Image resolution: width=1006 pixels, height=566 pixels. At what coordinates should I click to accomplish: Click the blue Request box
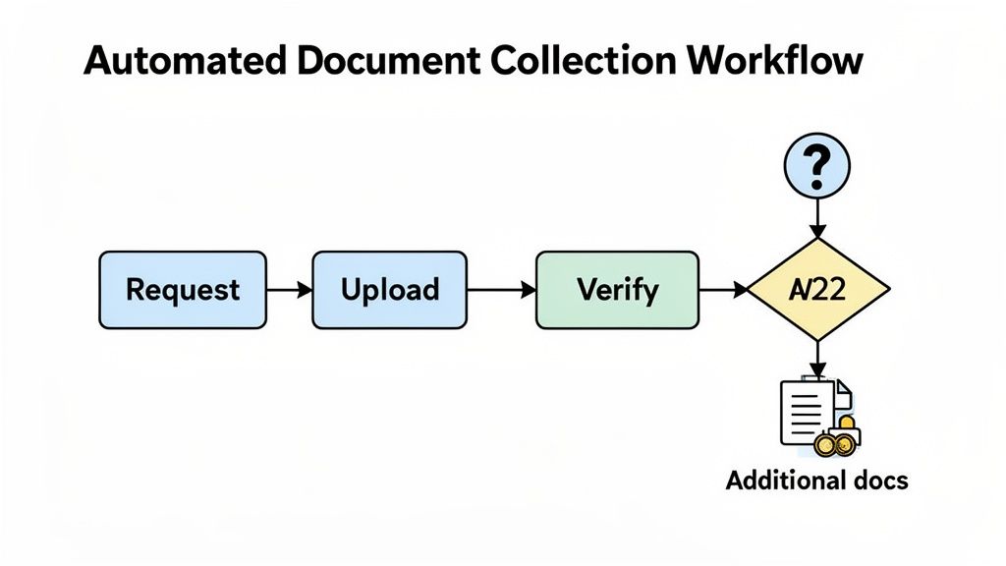(x=183, y=290)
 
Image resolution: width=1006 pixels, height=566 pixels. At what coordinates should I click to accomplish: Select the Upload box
(x=389, y=290)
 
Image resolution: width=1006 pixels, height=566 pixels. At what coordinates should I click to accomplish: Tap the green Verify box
(x=617, y=290)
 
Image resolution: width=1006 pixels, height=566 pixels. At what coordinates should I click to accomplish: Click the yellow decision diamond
(x=817, y=290)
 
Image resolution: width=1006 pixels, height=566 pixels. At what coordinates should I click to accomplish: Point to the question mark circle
(x=817, y=165)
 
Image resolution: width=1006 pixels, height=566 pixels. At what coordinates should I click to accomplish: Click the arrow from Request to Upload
(x=289, y=290)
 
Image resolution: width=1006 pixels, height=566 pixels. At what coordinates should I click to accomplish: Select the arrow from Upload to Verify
(x=501, y=290)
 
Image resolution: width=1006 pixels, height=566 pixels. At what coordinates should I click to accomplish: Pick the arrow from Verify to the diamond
(x=723, y=290)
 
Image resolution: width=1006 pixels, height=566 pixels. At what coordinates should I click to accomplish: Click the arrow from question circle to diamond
(x=817, y=216)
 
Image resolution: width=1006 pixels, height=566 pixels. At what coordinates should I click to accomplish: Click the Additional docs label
(x=817, y=481)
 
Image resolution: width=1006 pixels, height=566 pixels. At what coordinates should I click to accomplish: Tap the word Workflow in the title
(x=776, y=61)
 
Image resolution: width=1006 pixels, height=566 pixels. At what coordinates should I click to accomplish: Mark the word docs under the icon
(x=876, y=481)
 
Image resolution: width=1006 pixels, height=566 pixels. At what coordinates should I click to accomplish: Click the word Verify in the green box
(x=617, y=290)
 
